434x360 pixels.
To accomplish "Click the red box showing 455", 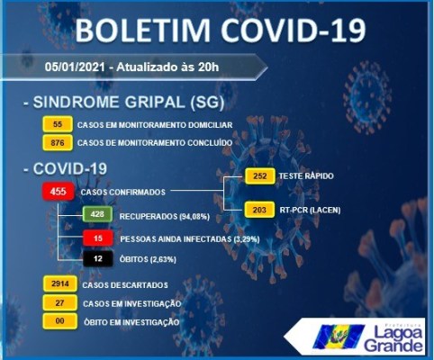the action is coord(59,192).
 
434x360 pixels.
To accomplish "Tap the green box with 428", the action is coord(97,214).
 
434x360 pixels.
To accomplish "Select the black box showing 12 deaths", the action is coord(98,258).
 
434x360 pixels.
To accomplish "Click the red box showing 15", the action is coord(98,238).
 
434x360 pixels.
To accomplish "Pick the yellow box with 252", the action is coord(260,175).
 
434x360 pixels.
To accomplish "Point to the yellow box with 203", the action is coord(259,210).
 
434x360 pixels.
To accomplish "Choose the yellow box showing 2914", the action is coord(60,283).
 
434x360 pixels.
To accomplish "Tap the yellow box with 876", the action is coord(58,142).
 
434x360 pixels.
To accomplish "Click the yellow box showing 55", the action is coord(58,124).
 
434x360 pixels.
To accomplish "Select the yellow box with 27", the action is coord(59,302).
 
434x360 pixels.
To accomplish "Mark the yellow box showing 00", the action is coord(59,321).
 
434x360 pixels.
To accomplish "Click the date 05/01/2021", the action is coord(75,67).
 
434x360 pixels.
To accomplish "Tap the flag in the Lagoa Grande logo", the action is coord(339,337).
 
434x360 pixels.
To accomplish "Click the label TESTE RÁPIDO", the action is coord(306,175).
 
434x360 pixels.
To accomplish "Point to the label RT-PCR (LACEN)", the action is coord(310,210).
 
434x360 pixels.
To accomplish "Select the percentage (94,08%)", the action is coord(194,216).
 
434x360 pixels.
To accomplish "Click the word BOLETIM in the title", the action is coord(143,31).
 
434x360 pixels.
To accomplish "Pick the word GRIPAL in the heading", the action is coord(155,102).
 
